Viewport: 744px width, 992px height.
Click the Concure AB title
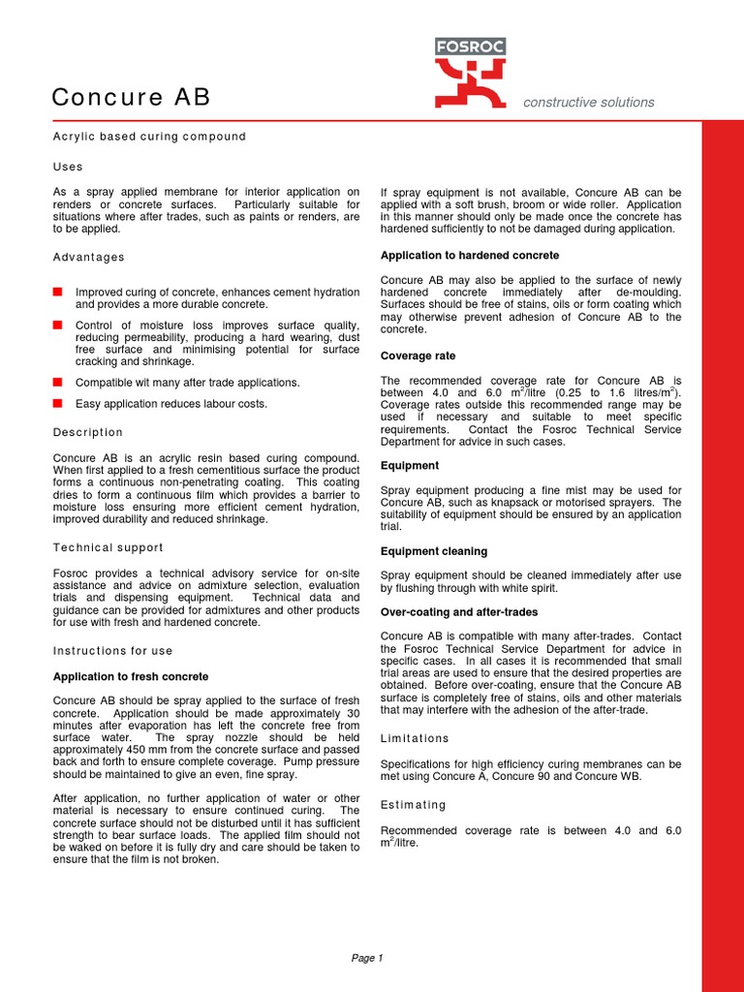(131, 98)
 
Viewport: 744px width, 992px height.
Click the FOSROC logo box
(470, 46)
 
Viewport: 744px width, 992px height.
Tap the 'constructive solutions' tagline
(588, 103)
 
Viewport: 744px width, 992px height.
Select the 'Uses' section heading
(68, 167)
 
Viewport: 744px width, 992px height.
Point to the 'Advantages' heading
(88, 257)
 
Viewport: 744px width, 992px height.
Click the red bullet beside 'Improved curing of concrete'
(58, 292)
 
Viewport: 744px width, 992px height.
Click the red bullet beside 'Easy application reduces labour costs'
(58, 403)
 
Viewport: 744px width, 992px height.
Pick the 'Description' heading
(88, 432)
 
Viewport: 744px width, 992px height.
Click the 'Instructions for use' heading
(112, 650)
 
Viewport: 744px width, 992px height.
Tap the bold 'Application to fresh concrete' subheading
(130, 676)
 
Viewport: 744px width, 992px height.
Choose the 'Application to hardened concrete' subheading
(469, 256)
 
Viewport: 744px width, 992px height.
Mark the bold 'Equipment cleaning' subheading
(434, 551)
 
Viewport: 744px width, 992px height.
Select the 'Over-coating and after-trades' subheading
(459, 612)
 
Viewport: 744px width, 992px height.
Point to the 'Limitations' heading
(415, 738)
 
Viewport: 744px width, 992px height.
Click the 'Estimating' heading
(414, 804)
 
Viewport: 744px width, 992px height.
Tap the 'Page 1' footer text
(367, 958)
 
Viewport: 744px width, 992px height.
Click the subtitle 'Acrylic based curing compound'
(149, 137)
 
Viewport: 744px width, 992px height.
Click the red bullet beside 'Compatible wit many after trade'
(58, 382)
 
